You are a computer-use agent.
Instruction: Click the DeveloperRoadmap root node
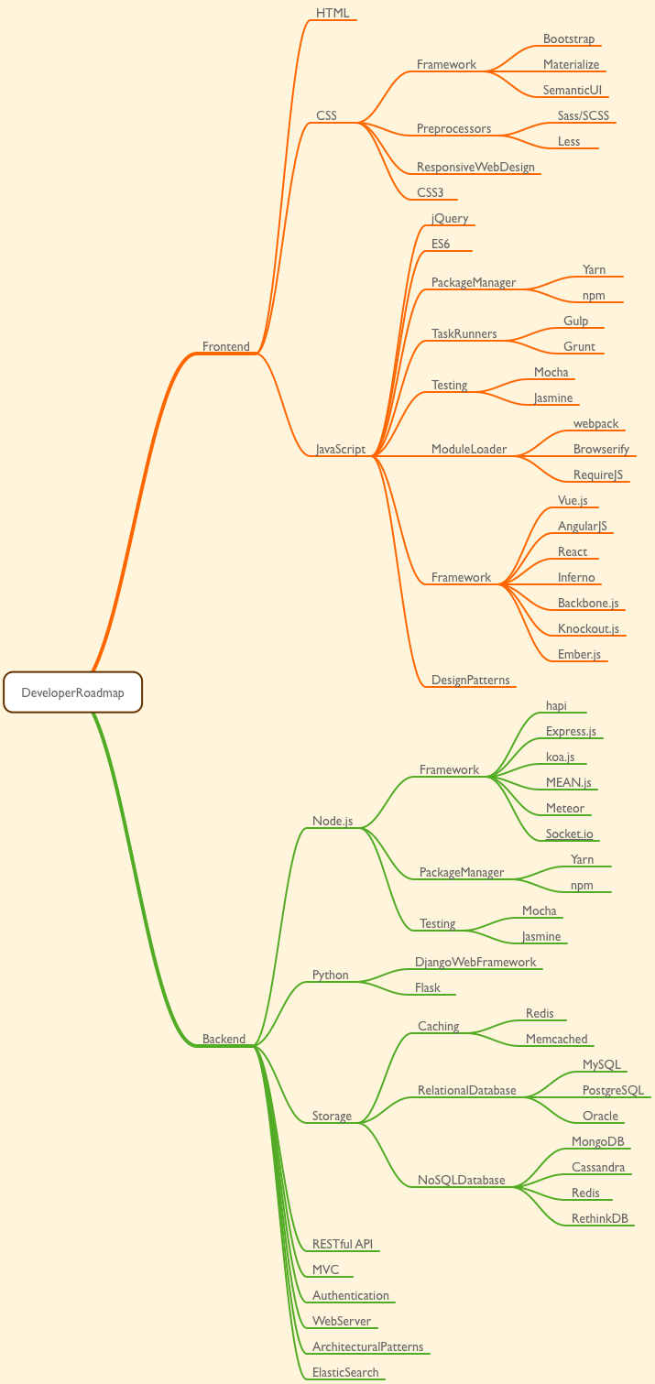coord(72,692)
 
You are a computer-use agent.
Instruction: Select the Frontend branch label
coord(225,346)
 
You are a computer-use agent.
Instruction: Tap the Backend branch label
coord(224,1039)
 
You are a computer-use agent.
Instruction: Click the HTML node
coord(333,13)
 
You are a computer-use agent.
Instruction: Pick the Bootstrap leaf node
coord(568,39)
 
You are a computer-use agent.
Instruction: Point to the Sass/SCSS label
coord(583,116)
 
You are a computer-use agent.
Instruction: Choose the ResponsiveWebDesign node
coord(475,168)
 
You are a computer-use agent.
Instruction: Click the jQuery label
coord(450,219)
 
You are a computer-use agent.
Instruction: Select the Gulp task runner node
coord(575,321)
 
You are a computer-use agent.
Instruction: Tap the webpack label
coord(595,424)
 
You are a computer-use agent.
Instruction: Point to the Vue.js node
coord(573,501)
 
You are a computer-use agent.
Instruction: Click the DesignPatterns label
coord(470,680)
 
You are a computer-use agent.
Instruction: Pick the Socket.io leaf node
coord(569,834)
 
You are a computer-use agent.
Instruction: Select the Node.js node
coord(333,822)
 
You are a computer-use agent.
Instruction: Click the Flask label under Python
coord(427,988)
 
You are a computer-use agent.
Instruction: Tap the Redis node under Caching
coord(540,1014)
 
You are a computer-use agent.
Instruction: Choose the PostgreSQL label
coord(613,1091)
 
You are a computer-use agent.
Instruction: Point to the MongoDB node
coord(597,1142)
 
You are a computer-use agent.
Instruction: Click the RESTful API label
coord(343,1245)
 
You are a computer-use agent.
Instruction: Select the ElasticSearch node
coord(344,1373)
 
